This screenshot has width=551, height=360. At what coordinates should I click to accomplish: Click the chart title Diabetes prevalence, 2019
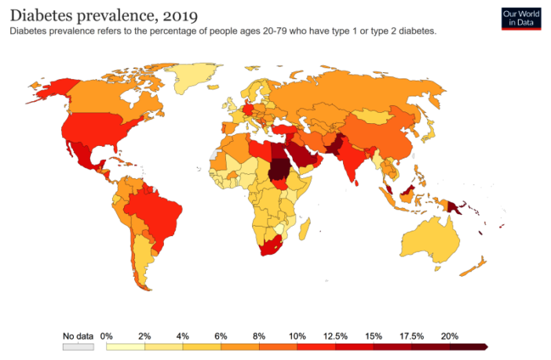(x=103, y=14)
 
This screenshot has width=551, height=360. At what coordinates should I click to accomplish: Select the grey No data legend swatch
(x=78, y=346)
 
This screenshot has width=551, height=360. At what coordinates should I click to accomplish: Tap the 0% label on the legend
(x=107, y=336)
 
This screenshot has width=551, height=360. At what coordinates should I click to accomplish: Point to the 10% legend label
(x=297, y=336)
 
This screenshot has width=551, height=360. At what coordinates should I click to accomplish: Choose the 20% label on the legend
(x=449, y=336)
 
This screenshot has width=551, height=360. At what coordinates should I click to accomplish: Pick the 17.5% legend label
(x=412, y=336)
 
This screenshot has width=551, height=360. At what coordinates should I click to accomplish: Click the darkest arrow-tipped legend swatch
(x=469, y=346)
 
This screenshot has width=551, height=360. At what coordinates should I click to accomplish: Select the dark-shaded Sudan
(x=279, y=169)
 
